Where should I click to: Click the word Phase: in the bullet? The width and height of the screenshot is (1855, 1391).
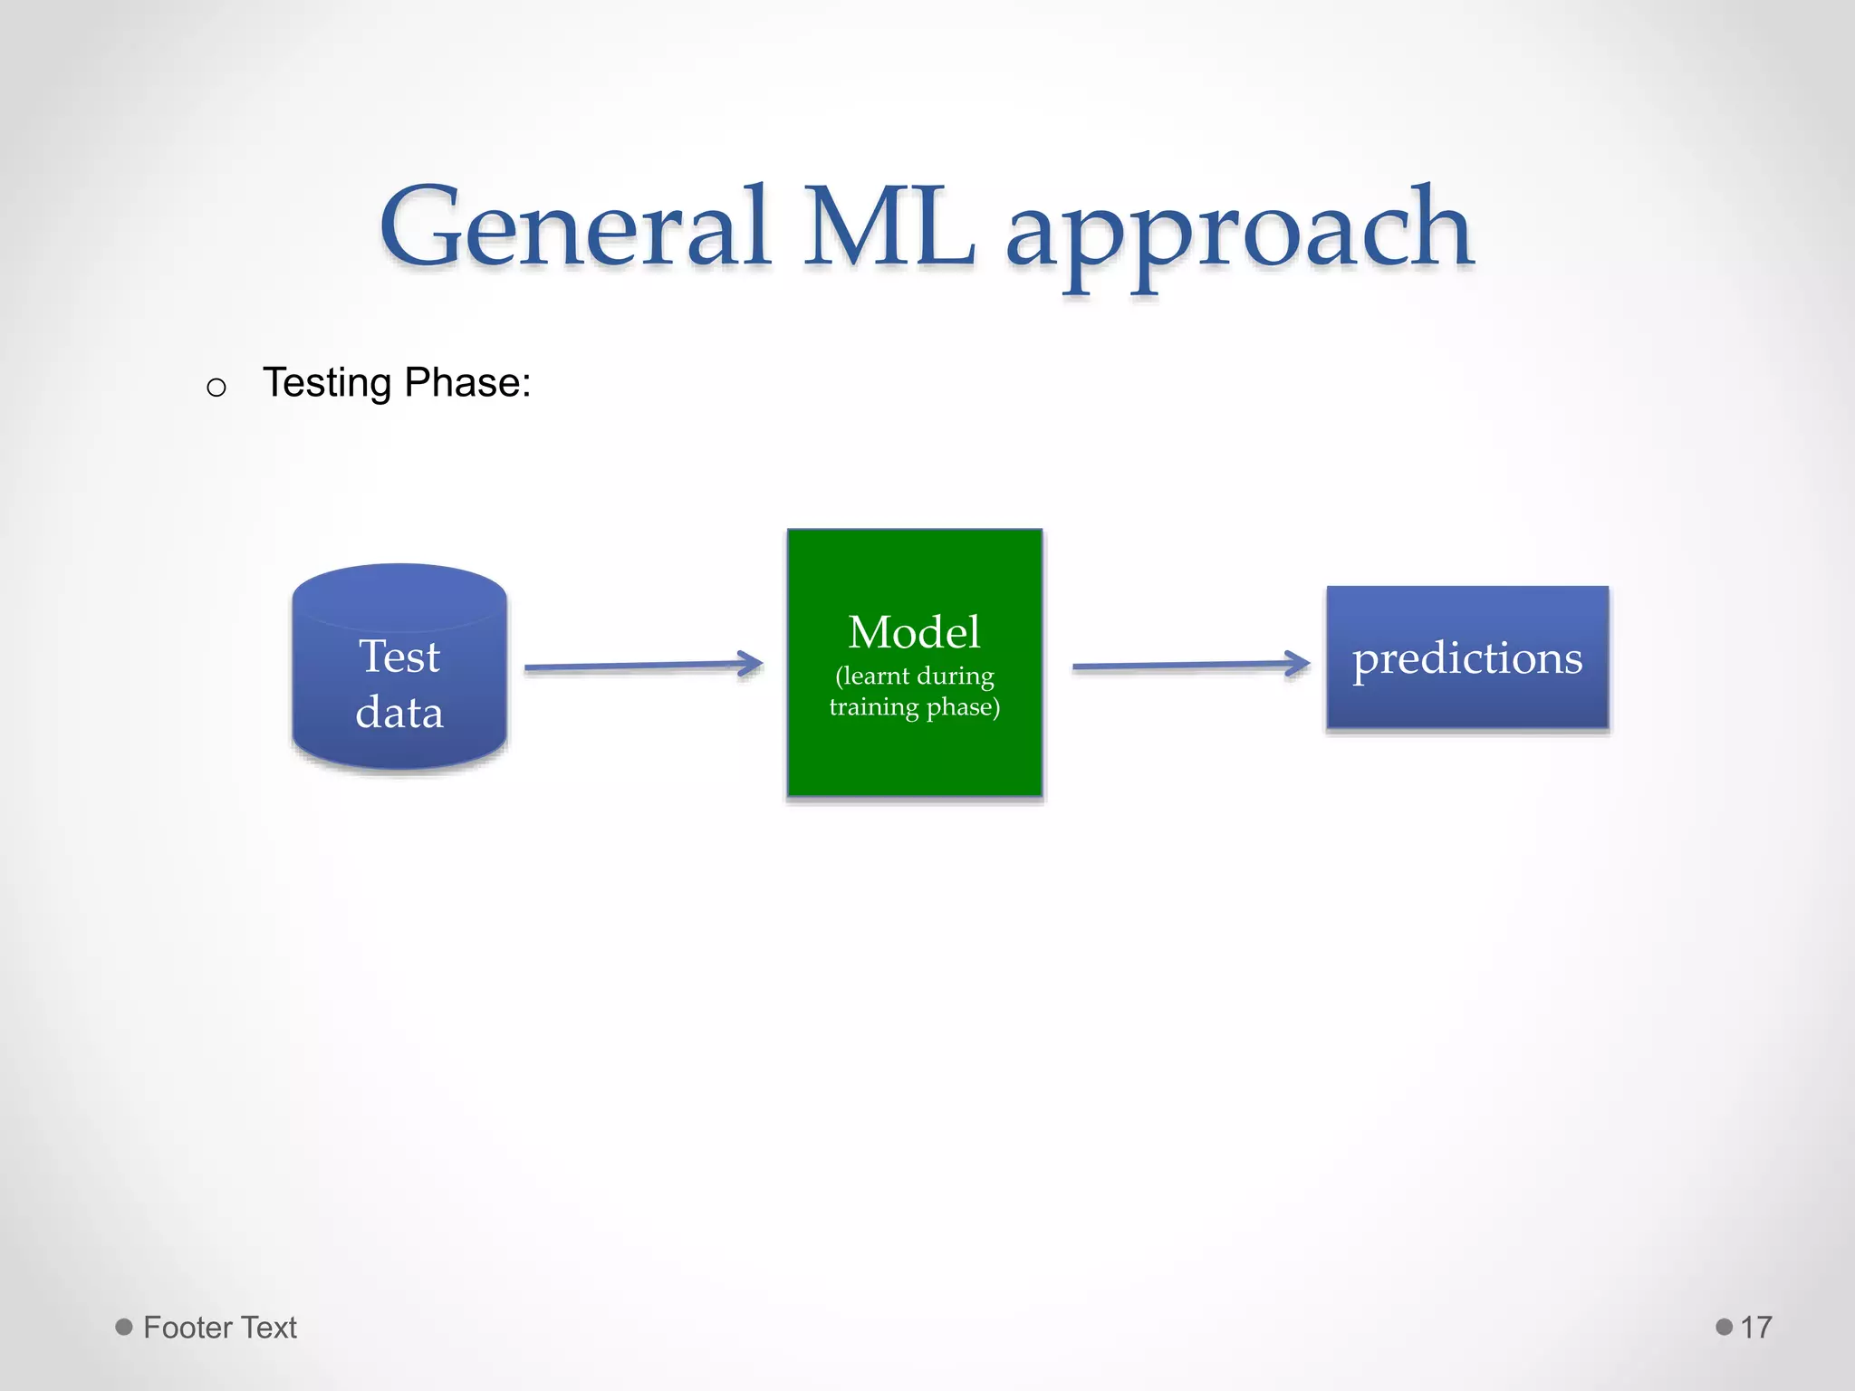click(467, 383)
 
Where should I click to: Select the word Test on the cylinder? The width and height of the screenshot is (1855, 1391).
click(399, 657)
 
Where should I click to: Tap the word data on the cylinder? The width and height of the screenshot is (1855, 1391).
click(399, 713)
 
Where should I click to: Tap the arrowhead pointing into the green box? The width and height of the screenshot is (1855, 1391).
click(752, 664)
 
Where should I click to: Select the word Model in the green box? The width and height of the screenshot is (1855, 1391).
click(914, 632)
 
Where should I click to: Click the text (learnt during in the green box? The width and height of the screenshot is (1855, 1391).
click(914, 676)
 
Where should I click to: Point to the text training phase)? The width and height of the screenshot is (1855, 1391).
click(914, 706)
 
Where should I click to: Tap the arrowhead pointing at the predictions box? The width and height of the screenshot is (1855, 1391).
click(1298, 664)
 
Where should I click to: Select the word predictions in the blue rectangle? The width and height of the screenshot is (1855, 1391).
click(1467, 658)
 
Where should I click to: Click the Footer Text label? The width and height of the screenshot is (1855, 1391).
click(219, 1328)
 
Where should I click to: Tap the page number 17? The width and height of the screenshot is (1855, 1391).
click(1755, 1328)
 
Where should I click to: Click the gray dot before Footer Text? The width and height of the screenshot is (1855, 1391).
click(124, 1327)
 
